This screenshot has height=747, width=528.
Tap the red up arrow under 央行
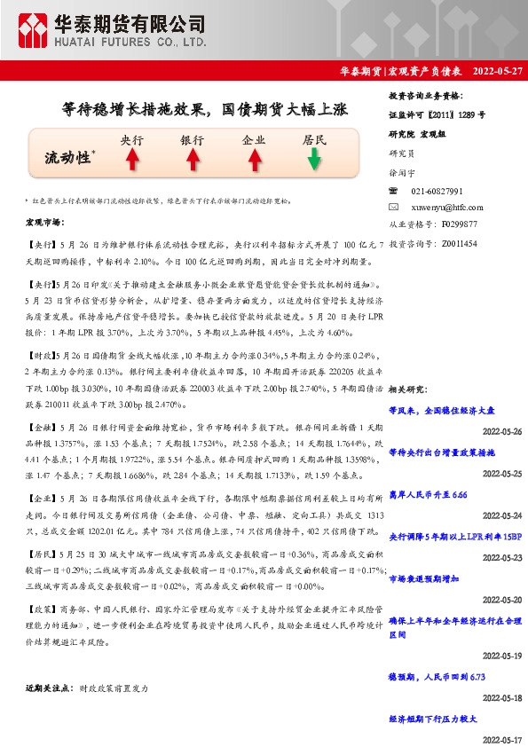132,160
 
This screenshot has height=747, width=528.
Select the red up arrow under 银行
193,160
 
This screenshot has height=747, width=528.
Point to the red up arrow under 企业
254,160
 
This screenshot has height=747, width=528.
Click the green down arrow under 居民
314,160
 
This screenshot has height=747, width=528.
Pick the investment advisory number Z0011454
458,241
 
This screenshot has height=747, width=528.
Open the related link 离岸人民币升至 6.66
428,494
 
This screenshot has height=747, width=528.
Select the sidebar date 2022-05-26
501,430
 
